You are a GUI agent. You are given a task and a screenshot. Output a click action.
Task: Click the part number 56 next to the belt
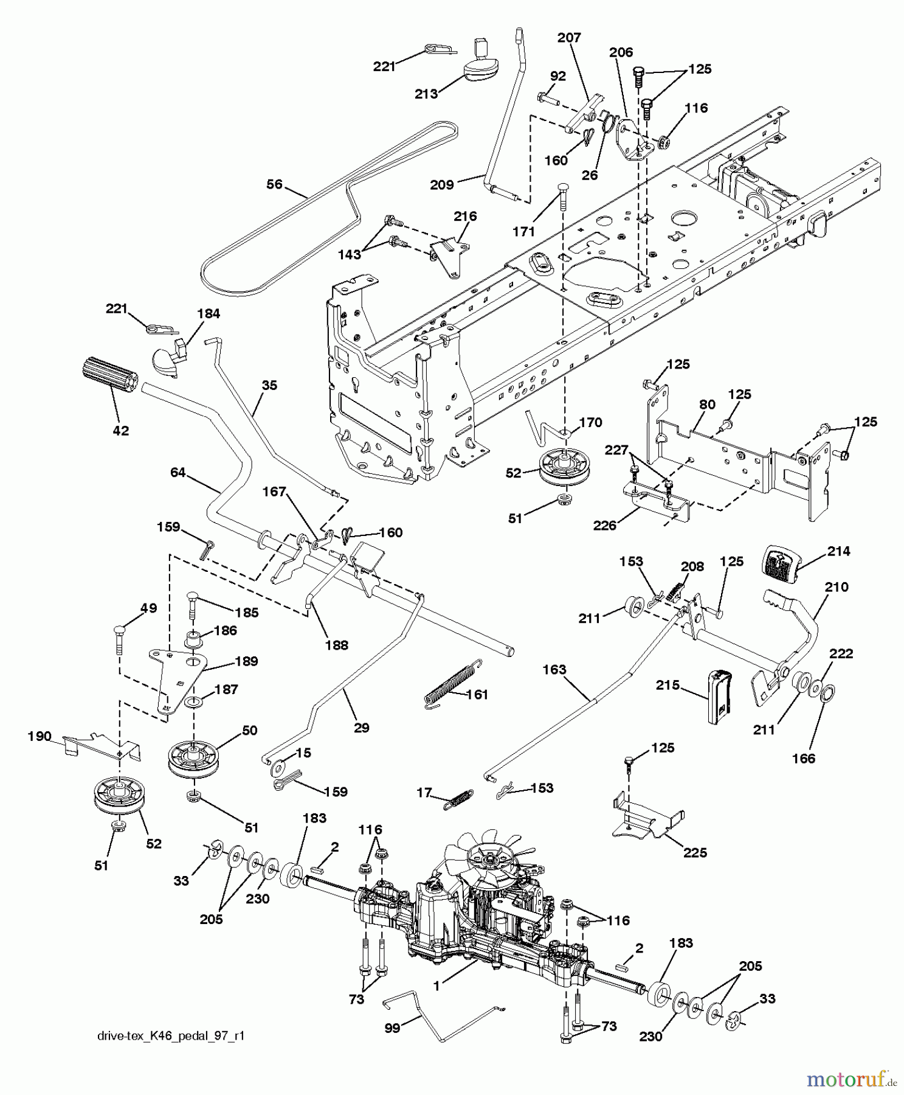[x=275, y=184]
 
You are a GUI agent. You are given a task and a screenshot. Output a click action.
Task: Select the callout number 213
[x=426, y=94]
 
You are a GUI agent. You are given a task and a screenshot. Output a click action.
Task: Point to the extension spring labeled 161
[x=452, y=685]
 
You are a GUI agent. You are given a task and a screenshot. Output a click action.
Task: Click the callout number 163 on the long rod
[x=554, y=669]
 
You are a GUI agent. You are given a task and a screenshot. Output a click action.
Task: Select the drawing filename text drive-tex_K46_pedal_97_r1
[x=171, y=1036]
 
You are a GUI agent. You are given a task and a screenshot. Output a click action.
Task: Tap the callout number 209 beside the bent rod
[x=441, y=184]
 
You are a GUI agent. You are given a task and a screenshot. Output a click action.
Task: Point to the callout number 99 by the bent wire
[x=393, y=1027]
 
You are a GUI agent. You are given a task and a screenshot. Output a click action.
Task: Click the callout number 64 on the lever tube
[x=178, y=472]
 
